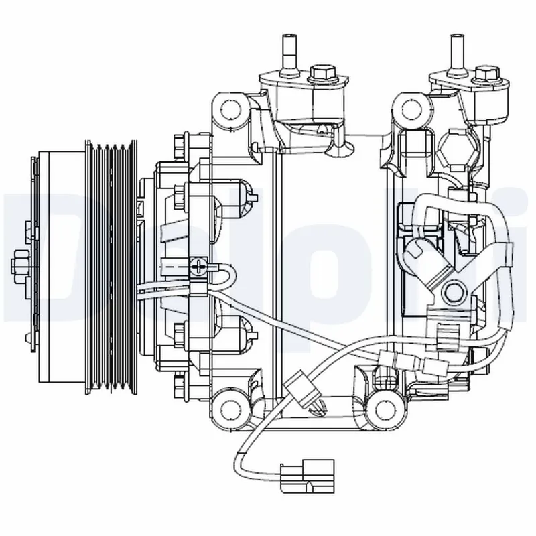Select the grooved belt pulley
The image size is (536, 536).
[x=111, y=265]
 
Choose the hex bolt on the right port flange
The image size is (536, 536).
[x=486, y=72]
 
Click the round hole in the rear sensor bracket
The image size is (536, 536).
[x=454, y=293]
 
